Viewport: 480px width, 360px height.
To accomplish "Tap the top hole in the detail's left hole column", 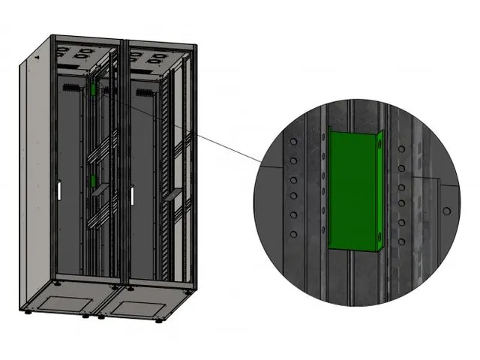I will pos(293,142).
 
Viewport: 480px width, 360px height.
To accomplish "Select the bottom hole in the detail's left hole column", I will pos(293,234).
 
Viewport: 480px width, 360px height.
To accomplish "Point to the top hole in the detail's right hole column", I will pos(402,149).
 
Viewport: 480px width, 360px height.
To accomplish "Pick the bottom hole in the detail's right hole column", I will pos(402,241).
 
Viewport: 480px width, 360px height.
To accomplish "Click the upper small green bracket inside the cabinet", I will pos(92,91).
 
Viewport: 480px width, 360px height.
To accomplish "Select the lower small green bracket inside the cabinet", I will pos(92,181).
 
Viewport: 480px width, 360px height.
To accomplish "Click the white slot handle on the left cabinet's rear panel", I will pos(55,191).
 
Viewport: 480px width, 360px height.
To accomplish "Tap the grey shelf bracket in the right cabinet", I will pos(173,196).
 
